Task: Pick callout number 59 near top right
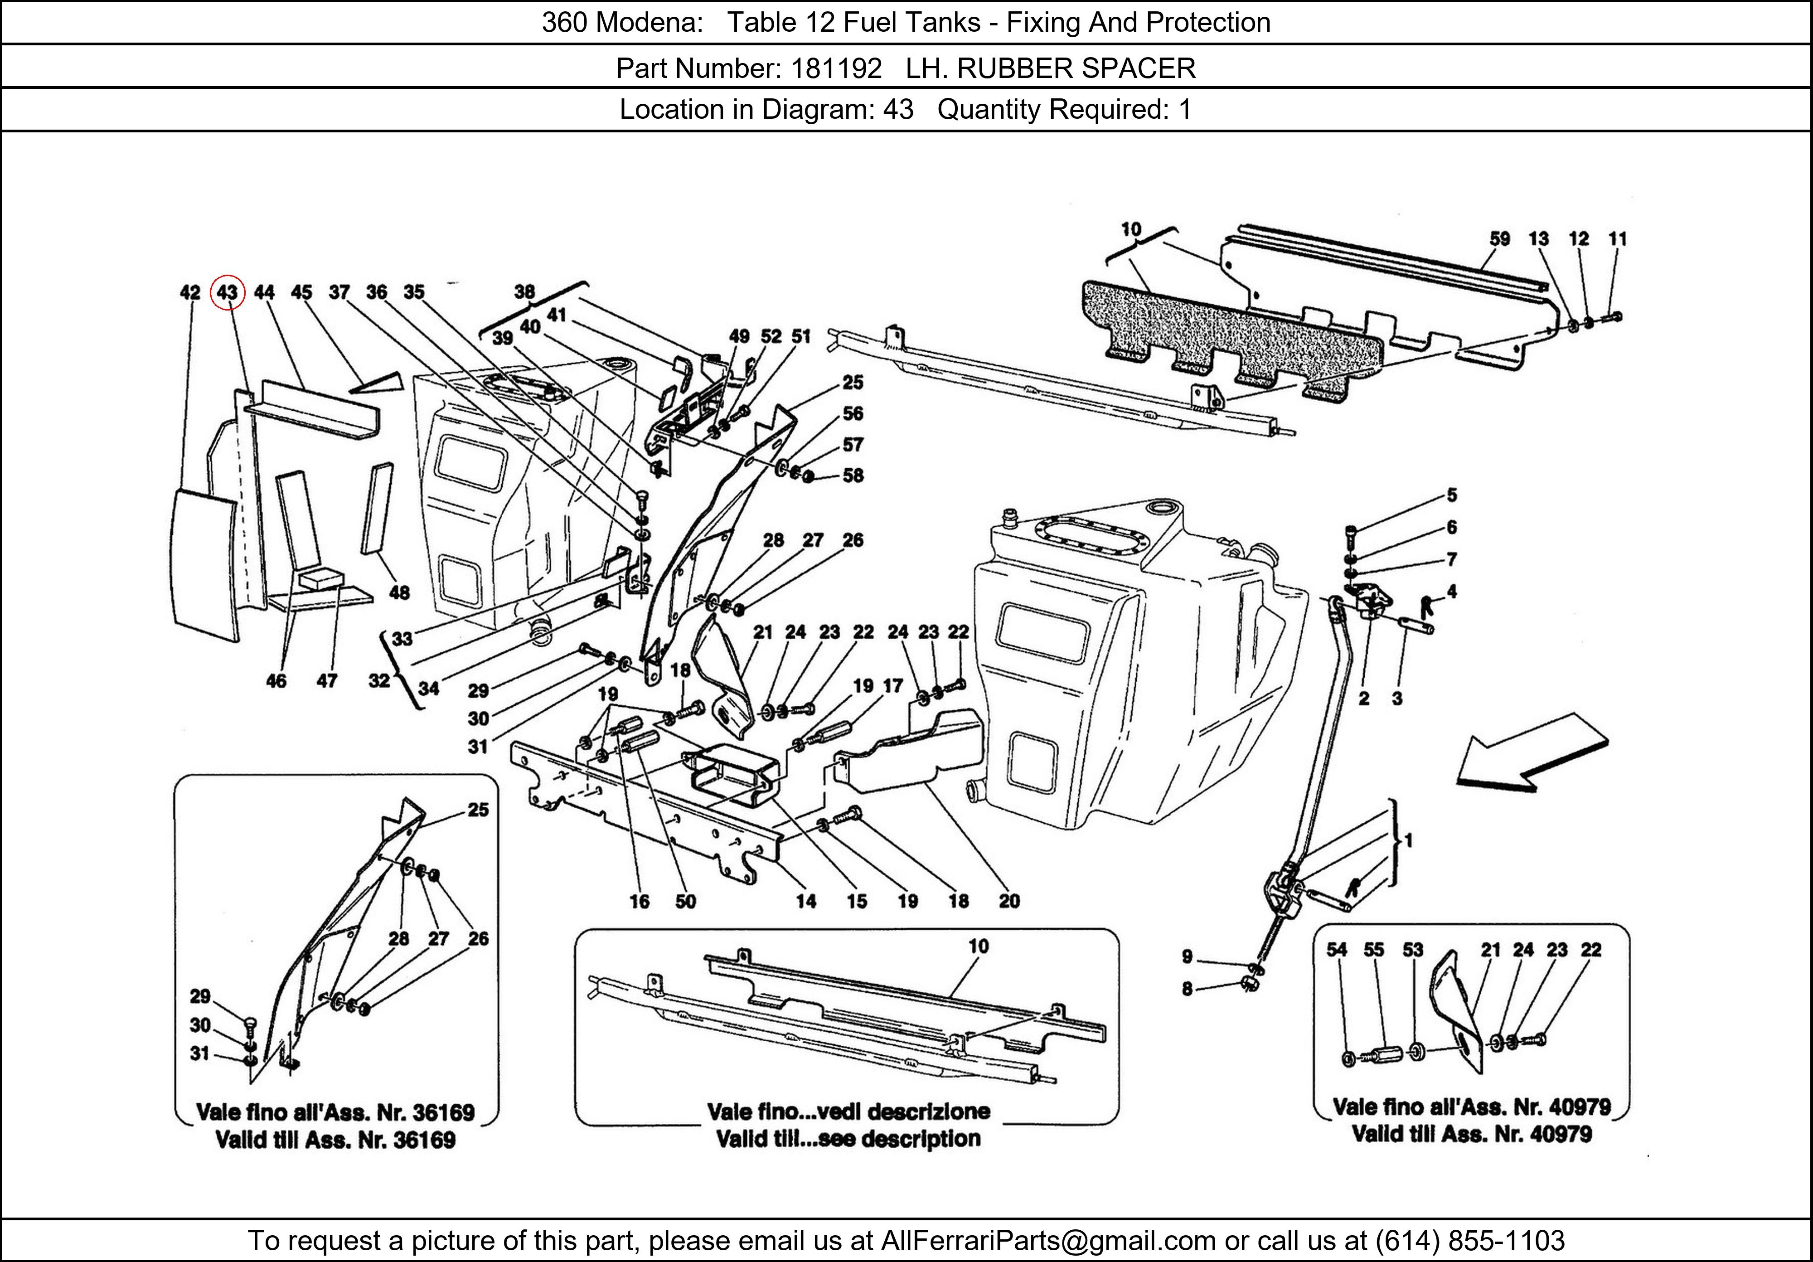pos(1499,238)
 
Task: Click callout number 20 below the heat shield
pos(1008,901)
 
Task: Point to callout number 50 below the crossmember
pos(685,901)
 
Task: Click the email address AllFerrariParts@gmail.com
pos(1048,1241)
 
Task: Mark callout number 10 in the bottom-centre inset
pos(979,946)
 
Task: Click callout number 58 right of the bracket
pos(853,476)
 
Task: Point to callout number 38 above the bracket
pos(524,292)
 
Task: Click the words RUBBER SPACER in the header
pos(1076,69)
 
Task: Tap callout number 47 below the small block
pos(327,681)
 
